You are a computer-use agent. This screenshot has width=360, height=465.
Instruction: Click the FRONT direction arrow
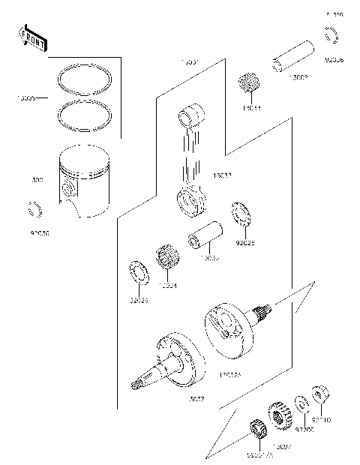point(29,37)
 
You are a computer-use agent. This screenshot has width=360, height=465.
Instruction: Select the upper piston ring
point(85,78)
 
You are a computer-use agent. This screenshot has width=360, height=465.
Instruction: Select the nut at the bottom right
point(318,396)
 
